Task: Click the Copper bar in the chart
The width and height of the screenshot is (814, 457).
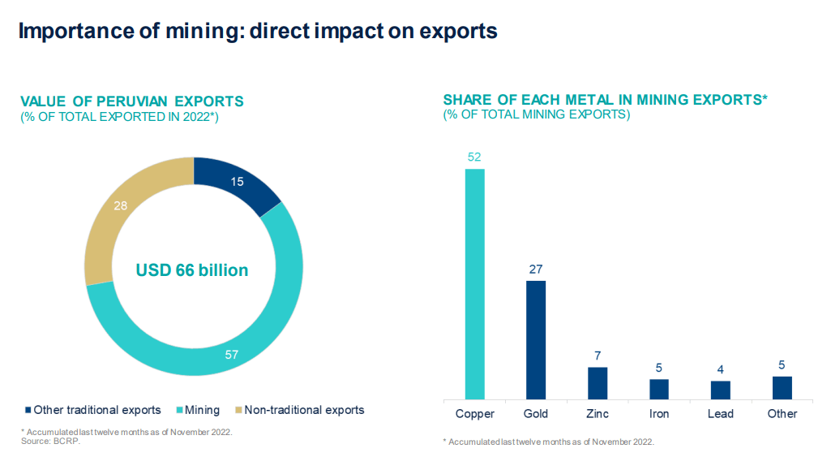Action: pyautogui.click(x=474, y=284)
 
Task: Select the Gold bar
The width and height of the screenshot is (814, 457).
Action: pyautogui.click(x=536, y=340)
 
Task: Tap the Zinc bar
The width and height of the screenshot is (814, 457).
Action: pyautogui.click(x=598, y=383)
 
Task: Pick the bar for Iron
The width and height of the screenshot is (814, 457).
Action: pyautogui.click(x=659, y=390)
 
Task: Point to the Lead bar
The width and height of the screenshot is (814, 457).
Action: pyautogui.click(x=721, y=390)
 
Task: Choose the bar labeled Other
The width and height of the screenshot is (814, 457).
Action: pyautogui.click(x=782, y=388)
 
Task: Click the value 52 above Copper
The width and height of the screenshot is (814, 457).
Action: pyautogui.click(x=474, y=157)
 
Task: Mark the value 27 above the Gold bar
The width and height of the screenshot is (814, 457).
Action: pyautogui.click(x=536, y=269)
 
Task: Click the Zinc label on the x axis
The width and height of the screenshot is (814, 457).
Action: pyautogui.click(x=598, y=414)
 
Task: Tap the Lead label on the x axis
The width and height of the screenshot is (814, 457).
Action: pyautogui.click(x=721, y=414)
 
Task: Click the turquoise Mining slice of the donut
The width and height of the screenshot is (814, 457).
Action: pyautogui.click(x=268, y=325)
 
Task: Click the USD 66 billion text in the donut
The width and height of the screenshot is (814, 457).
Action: pyautogui.click(x=192, y=270)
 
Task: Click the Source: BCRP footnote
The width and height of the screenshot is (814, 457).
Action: pyautogui.click(x=50, y=441)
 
